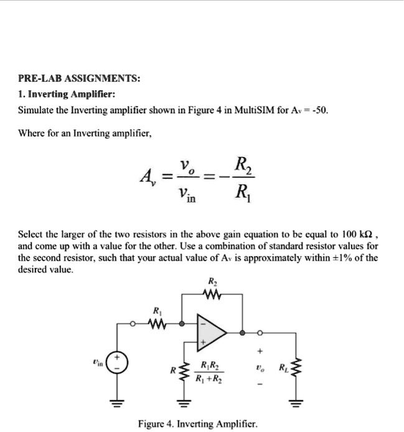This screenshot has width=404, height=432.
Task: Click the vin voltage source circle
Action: coord(119,364)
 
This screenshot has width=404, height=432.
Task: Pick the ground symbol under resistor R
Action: coord(183,400)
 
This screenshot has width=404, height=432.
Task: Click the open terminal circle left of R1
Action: coord(133,324)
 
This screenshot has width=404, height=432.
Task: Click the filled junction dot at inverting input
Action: coord(181,324)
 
